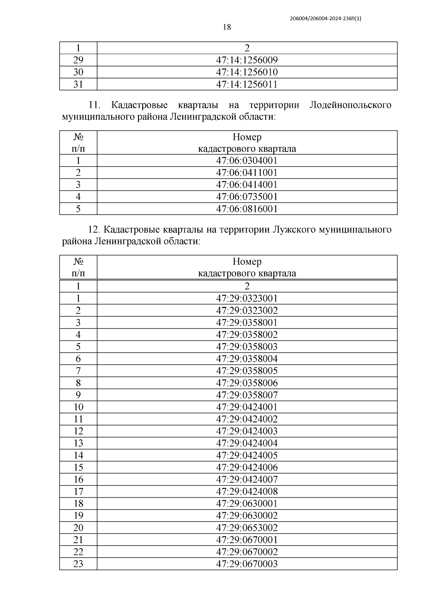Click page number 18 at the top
227,27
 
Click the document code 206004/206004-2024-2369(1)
325,19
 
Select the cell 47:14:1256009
247,60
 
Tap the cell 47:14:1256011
247,84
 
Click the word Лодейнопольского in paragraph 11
350,105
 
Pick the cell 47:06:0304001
247,160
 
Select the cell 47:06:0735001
247,197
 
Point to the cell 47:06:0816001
247,209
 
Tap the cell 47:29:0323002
247,311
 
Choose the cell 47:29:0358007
247,395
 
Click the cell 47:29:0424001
247,407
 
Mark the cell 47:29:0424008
247,492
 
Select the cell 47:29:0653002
247,528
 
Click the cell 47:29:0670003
247,564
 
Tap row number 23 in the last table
78,564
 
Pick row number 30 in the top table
78,72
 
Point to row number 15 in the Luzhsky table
78,467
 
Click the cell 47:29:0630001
247,503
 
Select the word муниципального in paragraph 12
355,230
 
